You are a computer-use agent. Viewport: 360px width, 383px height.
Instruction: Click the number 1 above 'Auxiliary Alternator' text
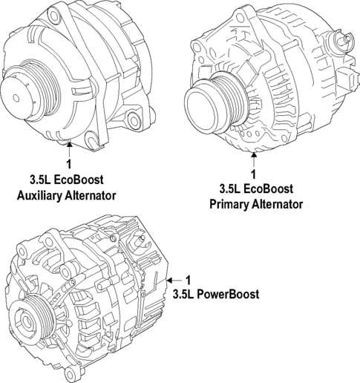69,164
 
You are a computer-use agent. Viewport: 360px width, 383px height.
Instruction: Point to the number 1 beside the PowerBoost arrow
188,280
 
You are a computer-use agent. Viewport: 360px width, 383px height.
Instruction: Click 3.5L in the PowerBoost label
184,294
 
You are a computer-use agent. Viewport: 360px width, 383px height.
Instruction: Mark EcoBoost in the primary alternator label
271,189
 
